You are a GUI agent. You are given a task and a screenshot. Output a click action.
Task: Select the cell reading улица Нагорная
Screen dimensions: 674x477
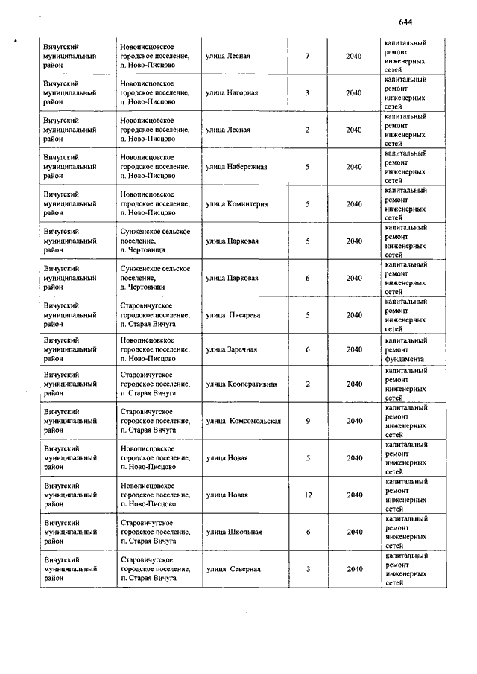point(232,93)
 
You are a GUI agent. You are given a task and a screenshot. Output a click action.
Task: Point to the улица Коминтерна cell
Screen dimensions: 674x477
point(236,204)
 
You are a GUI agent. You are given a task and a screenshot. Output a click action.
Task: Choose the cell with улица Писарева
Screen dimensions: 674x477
point(233,315)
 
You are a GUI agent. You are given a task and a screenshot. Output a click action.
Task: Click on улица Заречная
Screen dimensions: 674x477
point(231,349)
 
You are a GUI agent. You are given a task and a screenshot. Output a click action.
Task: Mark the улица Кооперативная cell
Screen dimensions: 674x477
point(241,384)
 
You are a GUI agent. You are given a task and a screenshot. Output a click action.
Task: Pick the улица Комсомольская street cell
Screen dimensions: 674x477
point(244,421)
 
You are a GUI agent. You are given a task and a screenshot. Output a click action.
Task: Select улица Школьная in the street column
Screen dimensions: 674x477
point(233,532)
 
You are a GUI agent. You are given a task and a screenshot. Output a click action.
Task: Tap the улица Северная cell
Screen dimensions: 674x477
point(233,569)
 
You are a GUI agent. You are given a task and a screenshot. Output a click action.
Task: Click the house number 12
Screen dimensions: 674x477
point(308,495)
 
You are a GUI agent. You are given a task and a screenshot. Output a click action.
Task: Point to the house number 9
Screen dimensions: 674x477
point(308,421)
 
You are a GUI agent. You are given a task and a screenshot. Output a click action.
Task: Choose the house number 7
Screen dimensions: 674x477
point(308,56)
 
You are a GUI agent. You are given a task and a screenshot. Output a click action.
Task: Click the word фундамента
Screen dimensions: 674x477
point(405,357)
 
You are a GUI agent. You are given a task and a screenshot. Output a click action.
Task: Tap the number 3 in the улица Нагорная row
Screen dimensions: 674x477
point(308,93)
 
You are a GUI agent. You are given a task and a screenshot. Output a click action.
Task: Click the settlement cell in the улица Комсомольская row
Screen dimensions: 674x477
point(155,421)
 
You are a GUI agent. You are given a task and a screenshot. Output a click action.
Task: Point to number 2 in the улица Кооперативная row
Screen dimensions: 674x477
point(308,384)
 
